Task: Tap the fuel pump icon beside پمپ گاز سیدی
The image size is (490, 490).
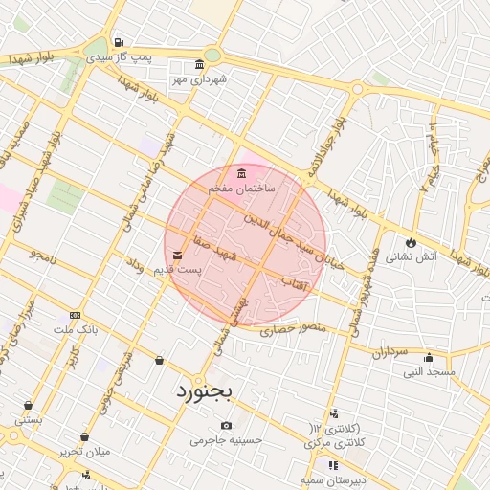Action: (x=118, y=42)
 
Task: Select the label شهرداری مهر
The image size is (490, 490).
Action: (x=199, y=79)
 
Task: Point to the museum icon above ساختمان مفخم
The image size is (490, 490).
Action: (x=240, y=173)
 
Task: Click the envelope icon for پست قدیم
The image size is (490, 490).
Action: (x=179, y=255)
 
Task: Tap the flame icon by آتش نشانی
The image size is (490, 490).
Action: (x=412, y=242)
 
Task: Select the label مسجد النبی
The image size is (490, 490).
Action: (x=429, y=371)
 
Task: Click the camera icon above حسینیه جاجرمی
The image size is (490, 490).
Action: (x=226, y=425)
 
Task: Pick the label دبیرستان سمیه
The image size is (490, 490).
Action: (x=328, y=479)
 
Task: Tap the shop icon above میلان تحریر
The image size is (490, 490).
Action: (x=85, y=436)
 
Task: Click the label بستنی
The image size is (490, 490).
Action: (x=29, y=419)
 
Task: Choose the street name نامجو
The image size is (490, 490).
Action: (x=43, y=256)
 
